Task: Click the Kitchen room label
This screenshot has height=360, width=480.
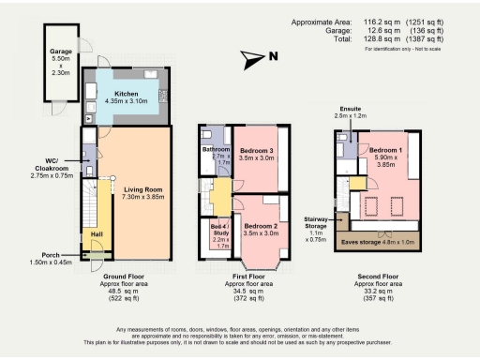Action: [x=126, y=95]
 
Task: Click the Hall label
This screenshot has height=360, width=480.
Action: [x=96, y=224]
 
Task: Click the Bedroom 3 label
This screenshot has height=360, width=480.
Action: [x=256, y=151]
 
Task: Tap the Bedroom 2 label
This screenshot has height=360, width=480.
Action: [x=262, y=227]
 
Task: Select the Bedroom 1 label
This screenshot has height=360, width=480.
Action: [x=385, y=150]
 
